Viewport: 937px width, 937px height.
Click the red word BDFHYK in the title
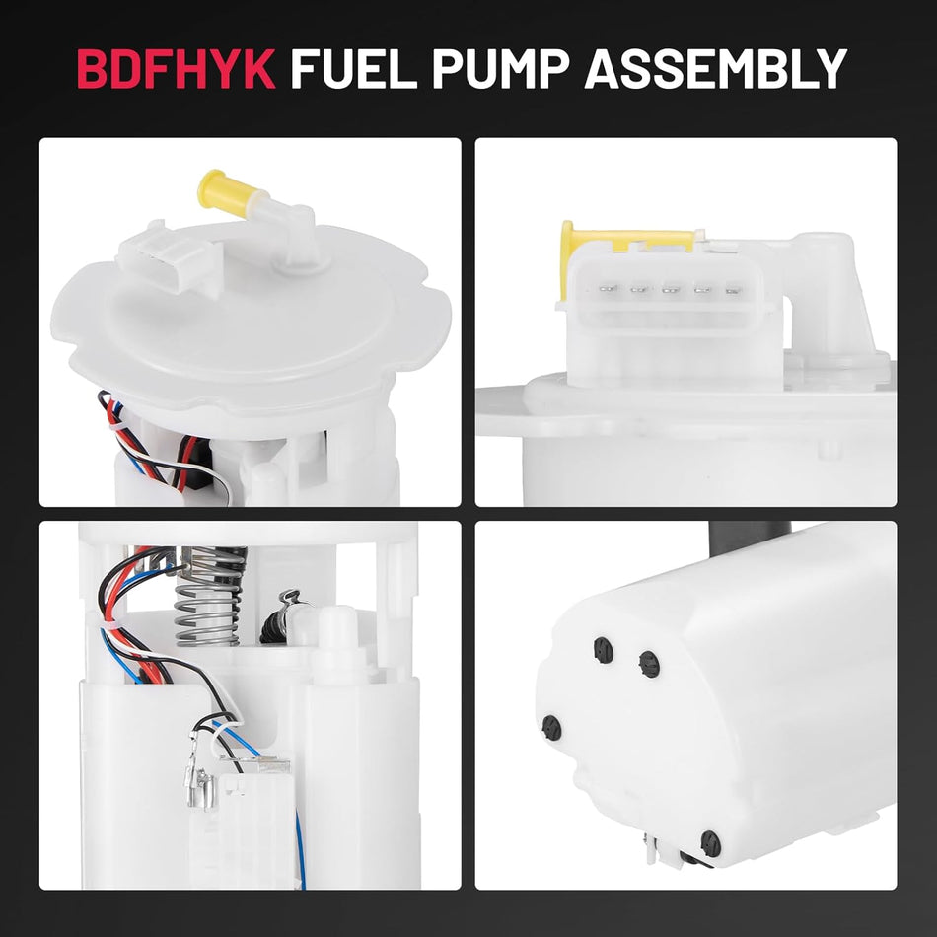(x=176, y=68)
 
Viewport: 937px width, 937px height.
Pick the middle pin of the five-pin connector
(x=671, y=290)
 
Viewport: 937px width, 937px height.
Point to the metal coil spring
(x=208, y=597)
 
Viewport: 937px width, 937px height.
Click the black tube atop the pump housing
(x=734, y=539)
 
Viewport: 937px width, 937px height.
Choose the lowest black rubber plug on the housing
(x=709, y=842)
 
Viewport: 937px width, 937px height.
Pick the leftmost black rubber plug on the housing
(x=551, y=728)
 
